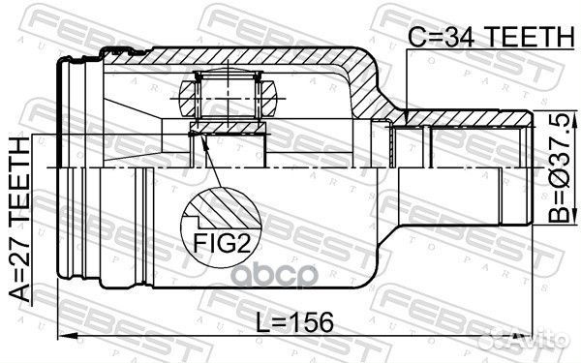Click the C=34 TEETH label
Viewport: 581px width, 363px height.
491,37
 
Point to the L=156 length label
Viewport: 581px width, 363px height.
295,322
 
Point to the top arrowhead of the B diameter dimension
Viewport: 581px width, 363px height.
574,119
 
